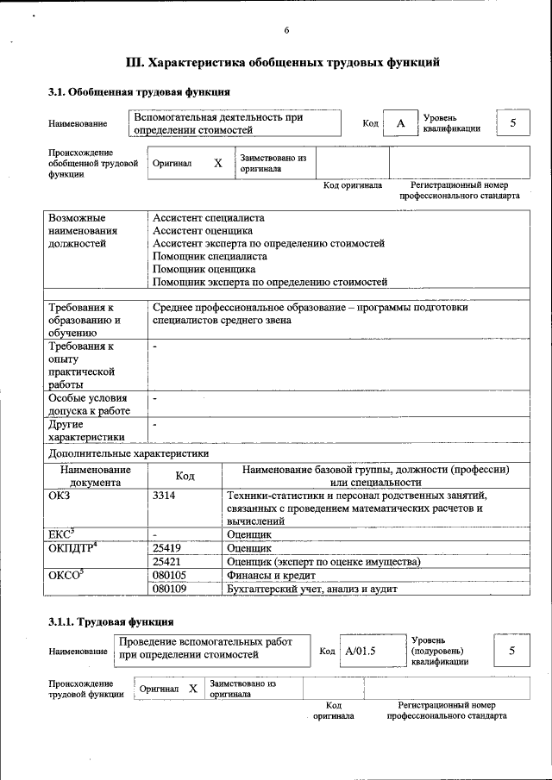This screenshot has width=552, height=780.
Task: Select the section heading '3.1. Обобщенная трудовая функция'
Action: click(x=138, y=91)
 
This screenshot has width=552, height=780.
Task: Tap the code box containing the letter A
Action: click(x=400, y=124)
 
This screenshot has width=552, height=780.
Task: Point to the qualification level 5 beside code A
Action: click(x=513, y=123)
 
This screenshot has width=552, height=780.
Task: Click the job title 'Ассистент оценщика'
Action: click(x=203, y=231)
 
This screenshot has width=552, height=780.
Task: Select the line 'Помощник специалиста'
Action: click(x=210, y=256)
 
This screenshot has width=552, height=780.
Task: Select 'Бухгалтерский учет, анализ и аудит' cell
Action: click(x=312, y=589)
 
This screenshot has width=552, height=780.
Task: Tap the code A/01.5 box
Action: click(x=361, y=651)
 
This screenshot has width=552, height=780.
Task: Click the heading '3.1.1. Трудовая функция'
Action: click(x=111, y=621)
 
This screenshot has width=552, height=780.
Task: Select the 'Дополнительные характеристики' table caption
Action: click(x=129, y=452)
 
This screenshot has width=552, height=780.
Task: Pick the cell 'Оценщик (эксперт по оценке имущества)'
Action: click(x=323, y=562)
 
